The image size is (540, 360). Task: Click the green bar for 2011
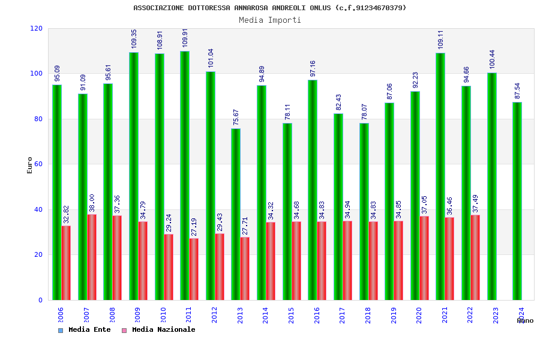coord(185,175)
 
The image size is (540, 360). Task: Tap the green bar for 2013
coord(236,214)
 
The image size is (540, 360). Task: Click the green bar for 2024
coord(517,201)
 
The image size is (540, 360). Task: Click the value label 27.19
coord(194,226)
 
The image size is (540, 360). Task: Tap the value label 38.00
coord(92,203)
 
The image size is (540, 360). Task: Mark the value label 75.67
coord(236,117)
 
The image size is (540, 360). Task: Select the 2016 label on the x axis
coord(317,316)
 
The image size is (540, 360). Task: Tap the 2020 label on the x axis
coord(419,316)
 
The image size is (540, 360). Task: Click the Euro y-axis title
coord(30,165)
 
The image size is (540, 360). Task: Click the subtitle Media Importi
coord(270,20)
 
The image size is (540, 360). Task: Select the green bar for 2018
coord(364,211)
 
